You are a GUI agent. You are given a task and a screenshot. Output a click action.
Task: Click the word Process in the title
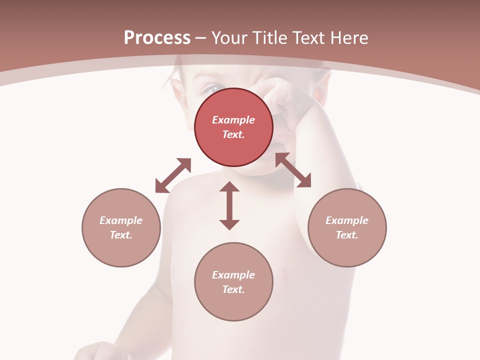(x=157, y=38)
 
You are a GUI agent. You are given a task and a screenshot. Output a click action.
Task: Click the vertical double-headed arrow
(x=229, y=206)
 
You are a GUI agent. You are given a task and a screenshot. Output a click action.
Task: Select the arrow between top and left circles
(x=173, y=175)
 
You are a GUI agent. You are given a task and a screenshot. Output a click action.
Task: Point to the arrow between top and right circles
(x=293, y=170)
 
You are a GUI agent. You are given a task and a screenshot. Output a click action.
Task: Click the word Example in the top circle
(x=233, y=120)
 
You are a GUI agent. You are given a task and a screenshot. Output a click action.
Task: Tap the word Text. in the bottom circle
(x=233, y=289)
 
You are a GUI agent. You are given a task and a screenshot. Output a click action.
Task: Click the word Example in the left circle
(x=121, y=220)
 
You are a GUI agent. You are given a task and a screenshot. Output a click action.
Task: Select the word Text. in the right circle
(x=347, y=235)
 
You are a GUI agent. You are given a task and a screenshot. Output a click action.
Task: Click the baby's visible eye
(x=208, y=89)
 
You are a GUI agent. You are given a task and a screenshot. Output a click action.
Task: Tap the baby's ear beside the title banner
(x=177, y=92)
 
